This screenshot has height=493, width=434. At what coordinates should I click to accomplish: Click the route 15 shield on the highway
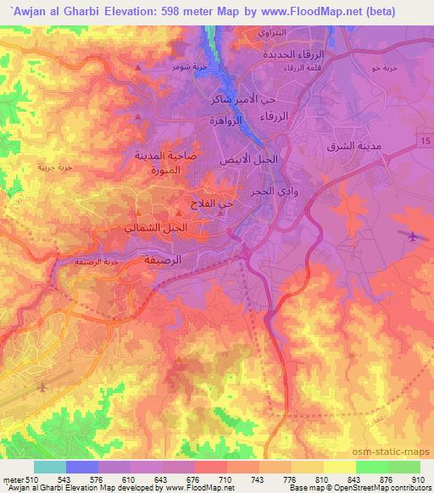(424, 137)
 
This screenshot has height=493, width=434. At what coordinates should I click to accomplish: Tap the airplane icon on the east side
(413, 236)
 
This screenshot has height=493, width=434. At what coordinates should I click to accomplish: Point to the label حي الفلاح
(213, 204)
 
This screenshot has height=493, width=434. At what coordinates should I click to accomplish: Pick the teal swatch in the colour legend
(50, 467)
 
